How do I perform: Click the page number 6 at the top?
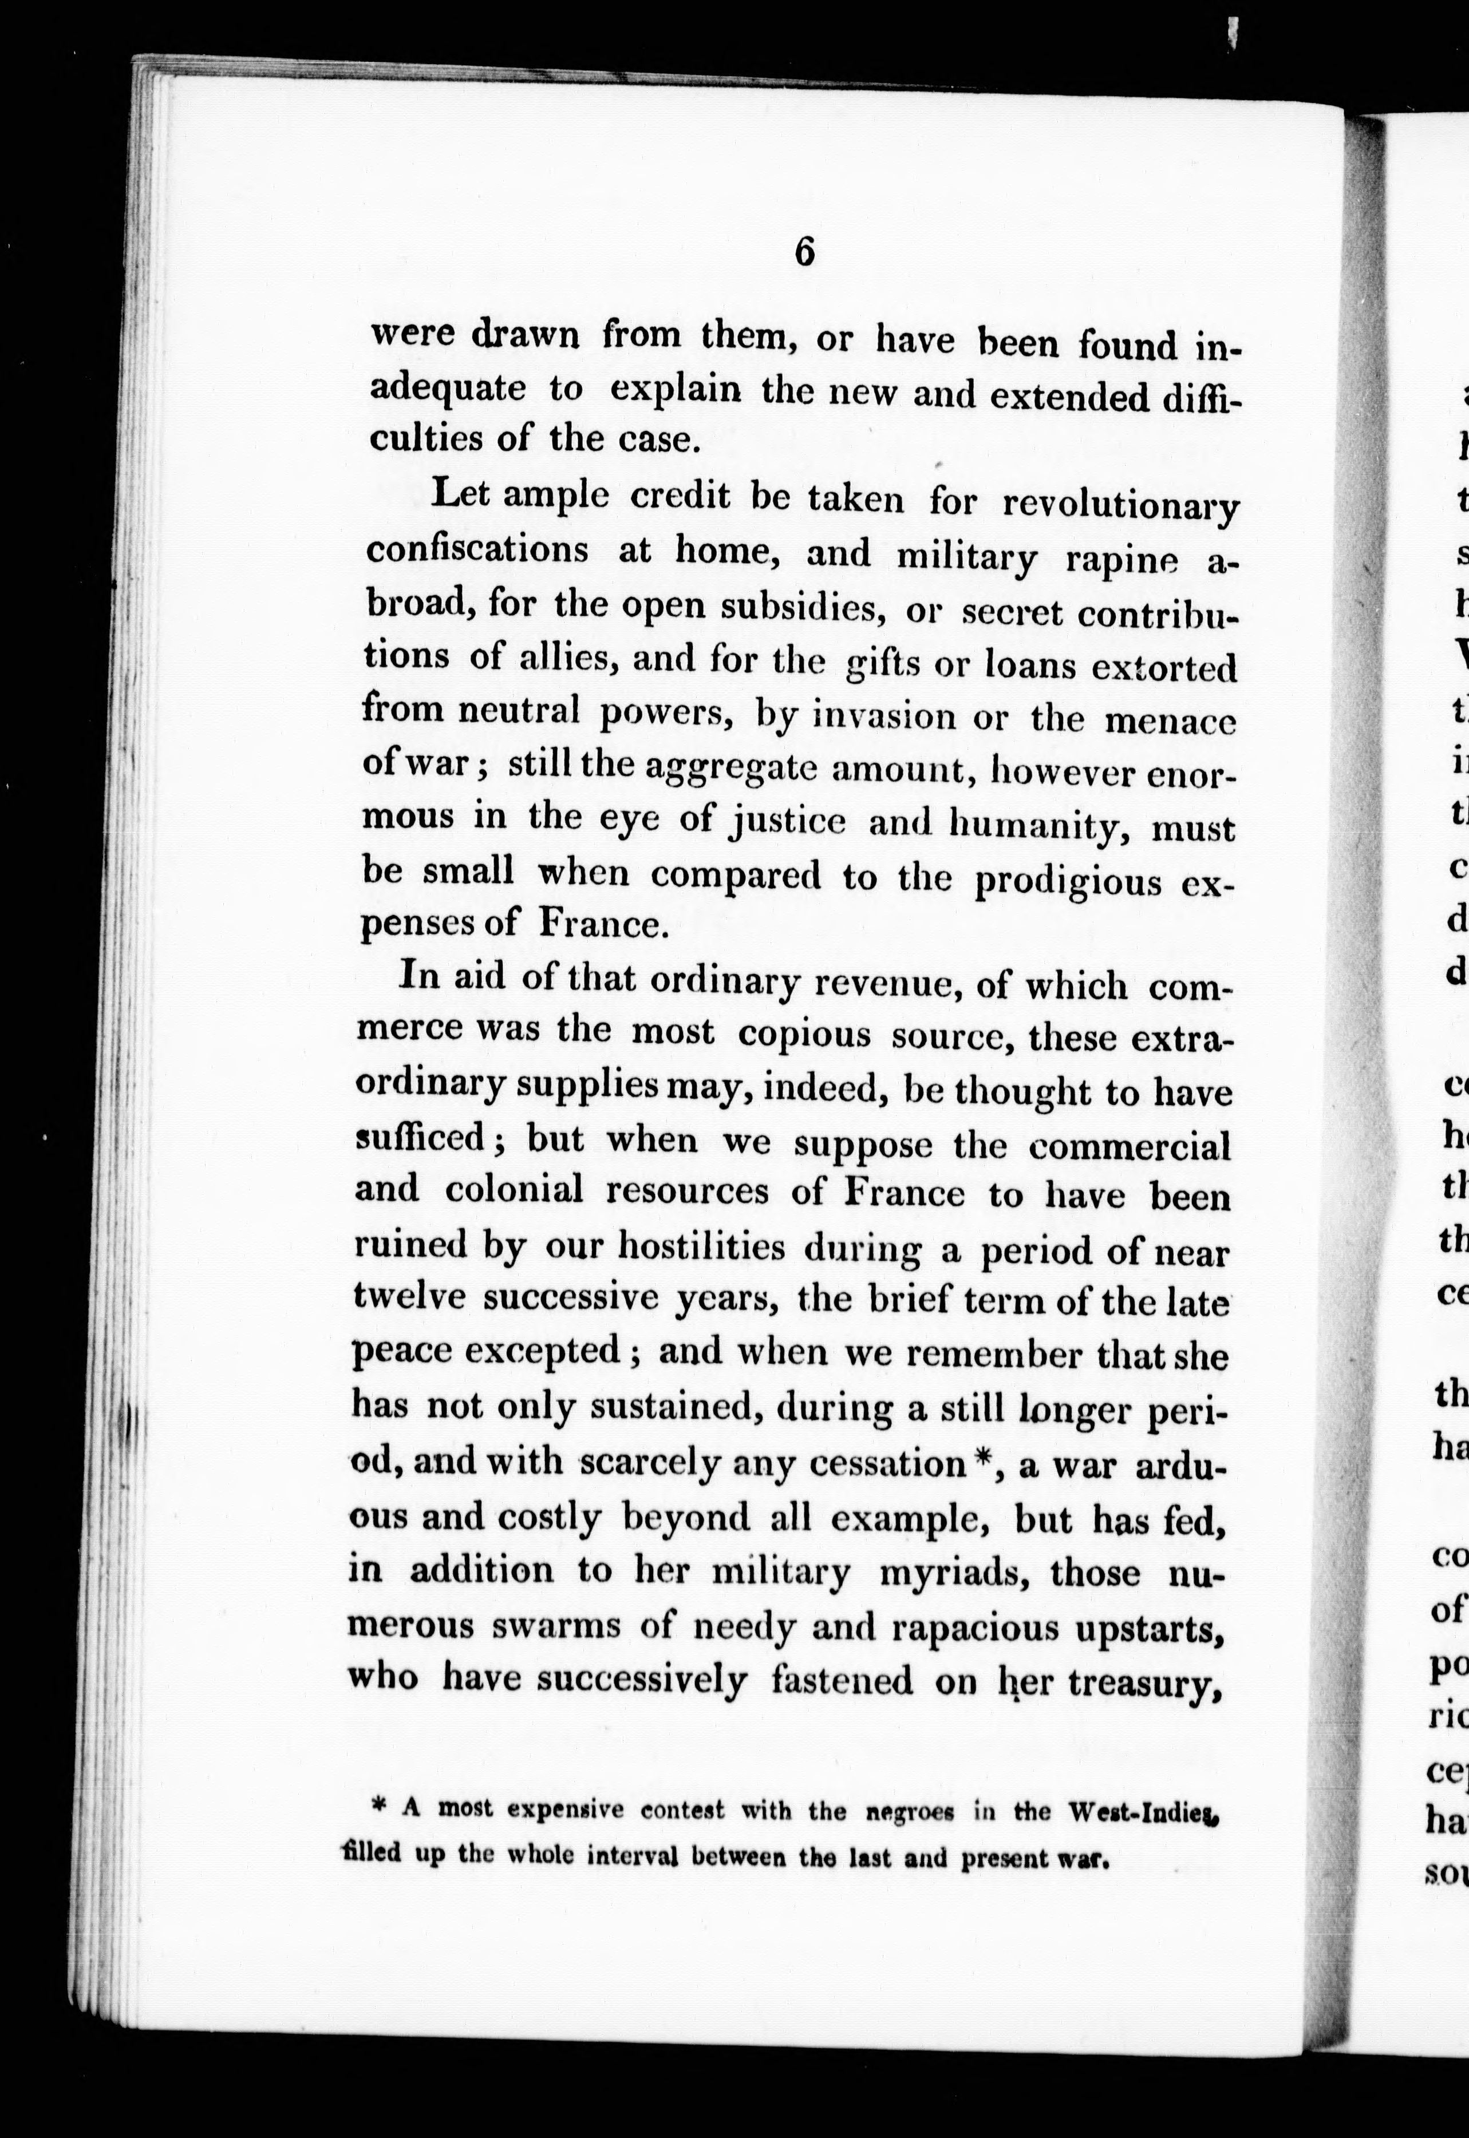point(804,251)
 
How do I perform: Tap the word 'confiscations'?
point(477,550)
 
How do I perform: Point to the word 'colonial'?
point(515,1190)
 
